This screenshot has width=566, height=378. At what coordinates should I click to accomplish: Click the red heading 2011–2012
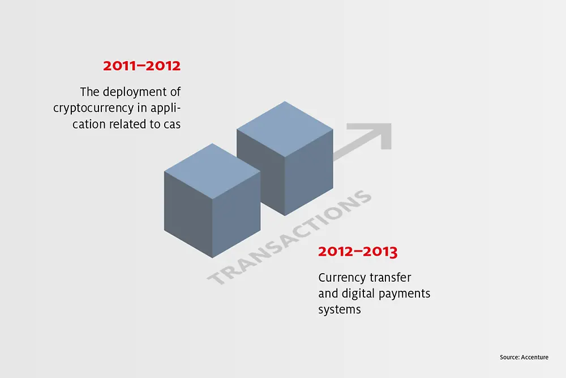click(x=141, y=66)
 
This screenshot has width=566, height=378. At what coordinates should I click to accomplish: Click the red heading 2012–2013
click(x=358, y=252)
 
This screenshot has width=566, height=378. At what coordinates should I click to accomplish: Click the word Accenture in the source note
click(x=535, y=357)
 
